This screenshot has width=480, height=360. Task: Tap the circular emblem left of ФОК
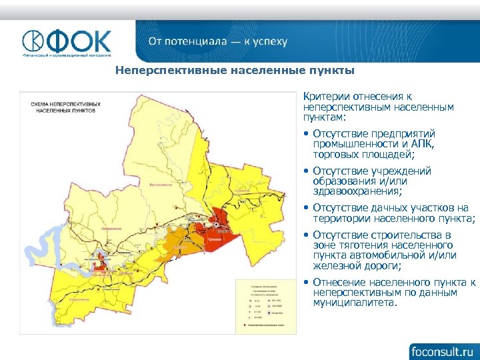pyautogui.click(x=34, y=41)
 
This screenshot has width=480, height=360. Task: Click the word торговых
pyautogui.click(x=335, y=155)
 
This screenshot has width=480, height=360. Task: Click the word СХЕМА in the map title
pyautogui.click(x=40, y=105)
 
